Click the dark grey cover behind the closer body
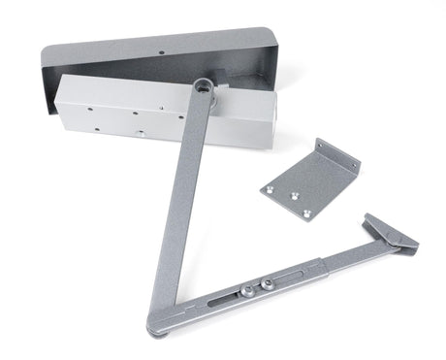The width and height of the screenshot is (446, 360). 155,53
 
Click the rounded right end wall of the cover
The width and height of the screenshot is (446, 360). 273,68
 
